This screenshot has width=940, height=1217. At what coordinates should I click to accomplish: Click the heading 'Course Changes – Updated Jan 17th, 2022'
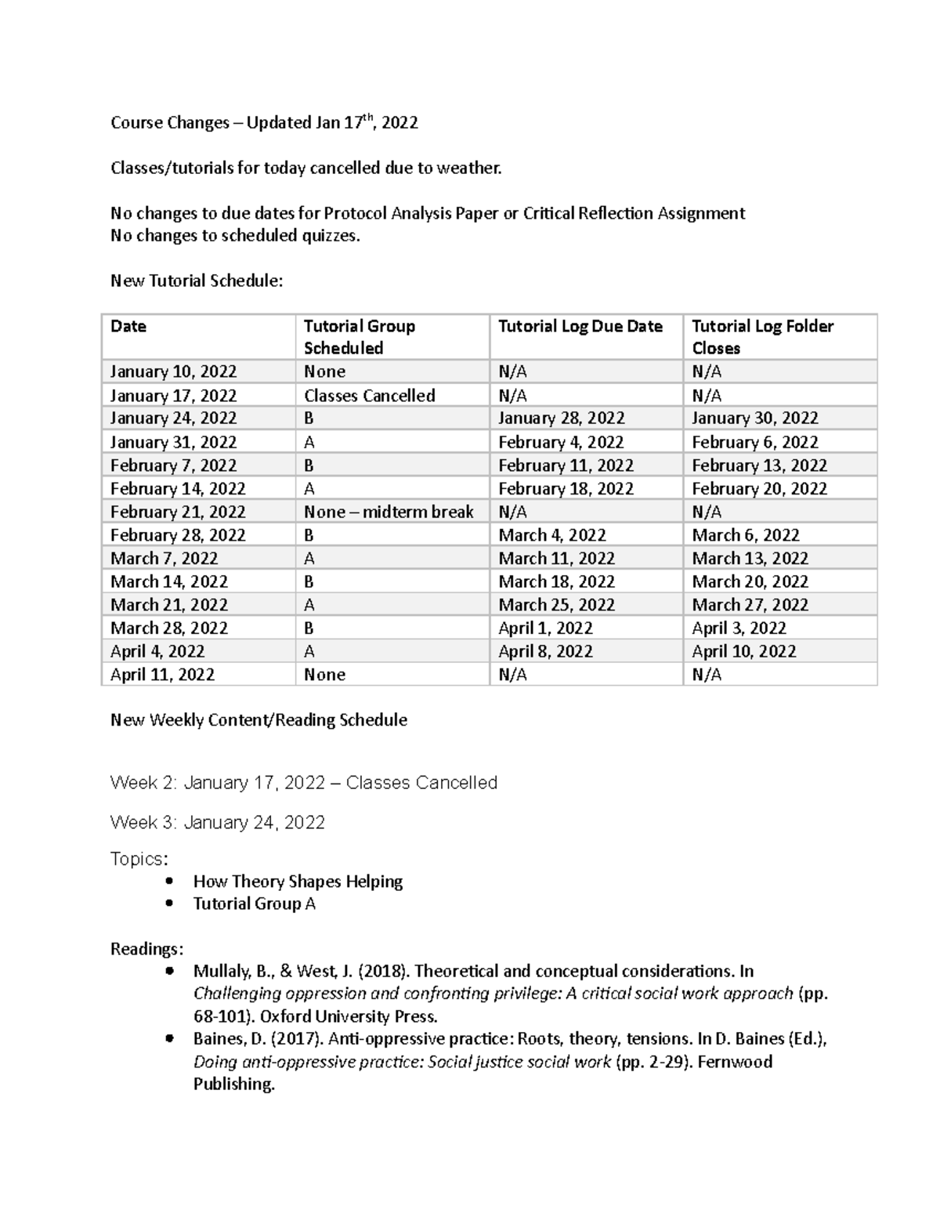click(264, 122)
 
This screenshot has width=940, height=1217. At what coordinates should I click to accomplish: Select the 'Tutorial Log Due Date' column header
click(580, 326)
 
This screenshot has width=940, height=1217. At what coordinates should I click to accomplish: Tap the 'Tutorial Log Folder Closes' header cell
click(762, 336)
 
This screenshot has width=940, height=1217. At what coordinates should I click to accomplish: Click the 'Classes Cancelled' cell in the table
click(369, 395)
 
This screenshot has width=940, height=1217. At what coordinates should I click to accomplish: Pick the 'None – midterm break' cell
click(389, 512)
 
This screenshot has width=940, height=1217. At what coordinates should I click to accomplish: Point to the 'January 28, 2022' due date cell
click(561, 418)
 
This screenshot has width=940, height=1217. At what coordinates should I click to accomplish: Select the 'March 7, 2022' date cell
click(164, 558)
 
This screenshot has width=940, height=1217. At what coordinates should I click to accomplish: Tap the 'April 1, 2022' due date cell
click(545, 628)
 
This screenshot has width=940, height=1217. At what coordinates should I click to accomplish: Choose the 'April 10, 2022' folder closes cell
click(743, 651)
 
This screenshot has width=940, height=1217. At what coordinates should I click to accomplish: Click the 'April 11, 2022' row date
click(162, 674)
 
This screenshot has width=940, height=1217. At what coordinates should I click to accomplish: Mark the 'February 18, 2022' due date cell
click(566, 488)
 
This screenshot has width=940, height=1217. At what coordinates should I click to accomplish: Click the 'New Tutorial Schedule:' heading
click(196, 281)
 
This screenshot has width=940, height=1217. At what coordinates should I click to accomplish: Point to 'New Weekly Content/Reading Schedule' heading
click(258, 719)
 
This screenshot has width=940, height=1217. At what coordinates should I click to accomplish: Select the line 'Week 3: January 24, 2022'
click(217, 822)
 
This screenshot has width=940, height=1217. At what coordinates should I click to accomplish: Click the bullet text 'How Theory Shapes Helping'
click(298, 881)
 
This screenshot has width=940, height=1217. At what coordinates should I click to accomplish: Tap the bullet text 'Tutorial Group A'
click(254, 904)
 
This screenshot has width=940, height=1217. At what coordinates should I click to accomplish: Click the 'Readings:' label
click(146, 949)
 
